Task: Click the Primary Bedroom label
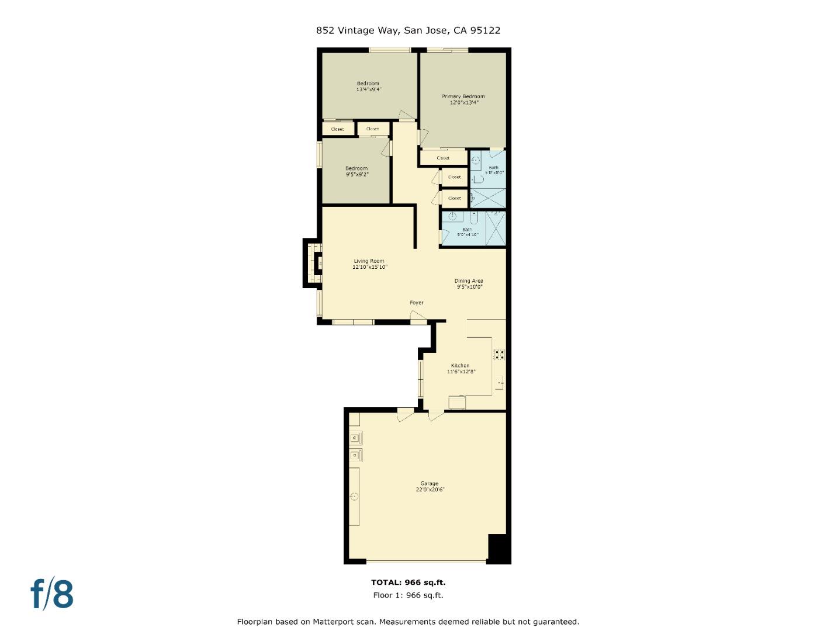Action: [463, 96]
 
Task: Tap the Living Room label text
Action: [369, 261]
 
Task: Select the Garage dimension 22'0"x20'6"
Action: [430, 490]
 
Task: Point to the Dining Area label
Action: [469, 281]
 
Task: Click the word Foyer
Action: [416, 303]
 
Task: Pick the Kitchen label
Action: [460, 366]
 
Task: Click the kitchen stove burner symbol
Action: [500, 353]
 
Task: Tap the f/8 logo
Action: [52, 594]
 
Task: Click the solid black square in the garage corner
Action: [498, 549]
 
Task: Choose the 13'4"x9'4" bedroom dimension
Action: [368, 89]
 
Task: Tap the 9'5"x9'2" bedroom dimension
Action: [356, 174]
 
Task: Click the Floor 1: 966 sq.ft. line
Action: [408, 595]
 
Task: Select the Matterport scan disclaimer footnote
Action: [408, 622]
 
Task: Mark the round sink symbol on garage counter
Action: [354, 497]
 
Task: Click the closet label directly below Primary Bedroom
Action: [443, 158]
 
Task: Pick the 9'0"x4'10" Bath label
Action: [468, 234]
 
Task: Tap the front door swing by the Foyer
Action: [418, 317]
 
